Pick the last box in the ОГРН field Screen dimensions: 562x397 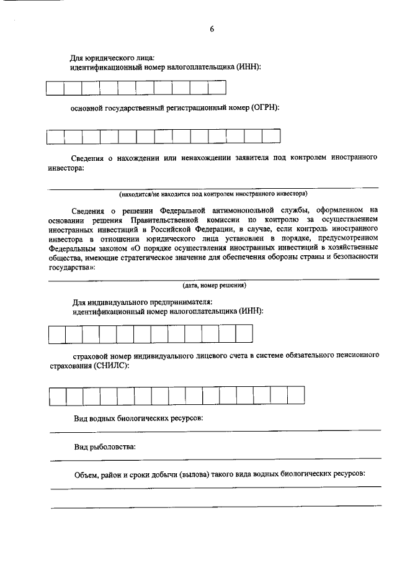(x=271, y=137)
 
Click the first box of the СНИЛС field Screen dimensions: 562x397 (x=58, y=395)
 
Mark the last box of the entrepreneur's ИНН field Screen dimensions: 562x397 (x=244, y=334)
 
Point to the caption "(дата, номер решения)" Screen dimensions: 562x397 (x=214, y=286)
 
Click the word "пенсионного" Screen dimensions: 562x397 (x=356, y=356)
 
